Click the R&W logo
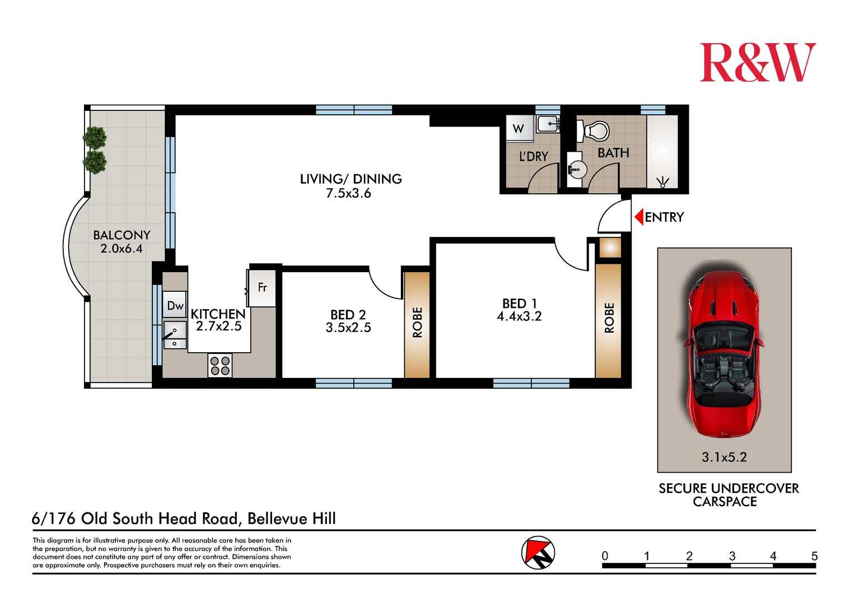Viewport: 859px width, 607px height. (x=757, y=62)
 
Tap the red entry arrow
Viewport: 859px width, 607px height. (x=638, y=217)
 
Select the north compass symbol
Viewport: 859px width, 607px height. (x=538, y=553)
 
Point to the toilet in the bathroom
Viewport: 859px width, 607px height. (x=596, y=132)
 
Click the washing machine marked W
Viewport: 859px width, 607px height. (x=519, y=128)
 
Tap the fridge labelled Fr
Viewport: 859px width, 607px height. (x=262, y=288)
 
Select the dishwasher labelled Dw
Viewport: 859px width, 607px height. (x=175, y=306)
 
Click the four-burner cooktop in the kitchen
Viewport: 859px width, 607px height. (x=220, y=366)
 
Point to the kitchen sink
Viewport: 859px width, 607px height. (x=175, y=334)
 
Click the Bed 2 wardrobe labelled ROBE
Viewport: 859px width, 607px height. (x=417, y=324)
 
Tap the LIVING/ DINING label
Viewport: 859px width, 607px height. (x=351, y=179)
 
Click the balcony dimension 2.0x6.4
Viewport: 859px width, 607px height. (x=122, y=249)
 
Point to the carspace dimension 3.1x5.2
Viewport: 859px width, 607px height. (x=724, y=457)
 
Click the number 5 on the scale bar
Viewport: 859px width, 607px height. (x=814, y=556)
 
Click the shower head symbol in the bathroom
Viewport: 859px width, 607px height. (x=663, y=181)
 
